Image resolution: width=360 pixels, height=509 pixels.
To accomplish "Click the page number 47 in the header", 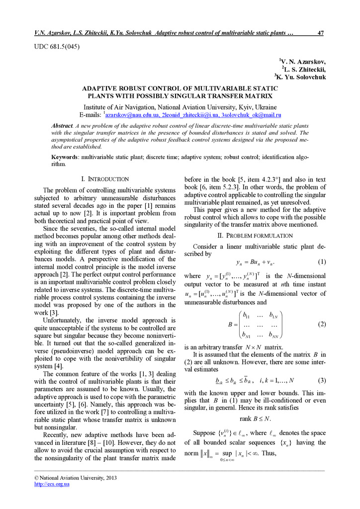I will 320,33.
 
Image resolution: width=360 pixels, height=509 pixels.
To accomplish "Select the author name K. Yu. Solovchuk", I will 301,77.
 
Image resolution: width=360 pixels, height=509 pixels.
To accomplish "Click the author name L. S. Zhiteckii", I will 305,69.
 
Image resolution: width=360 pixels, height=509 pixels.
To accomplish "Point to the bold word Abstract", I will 62,126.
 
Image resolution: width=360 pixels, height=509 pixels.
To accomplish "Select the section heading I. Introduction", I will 104,179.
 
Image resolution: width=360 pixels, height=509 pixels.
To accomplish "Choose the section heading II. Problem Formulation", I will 255,235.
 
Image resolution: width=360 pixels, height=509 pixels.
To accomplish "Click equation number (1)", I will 321,262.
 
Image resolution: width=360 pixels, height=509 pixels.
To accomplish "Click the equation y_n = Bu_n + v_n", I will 255,262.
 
